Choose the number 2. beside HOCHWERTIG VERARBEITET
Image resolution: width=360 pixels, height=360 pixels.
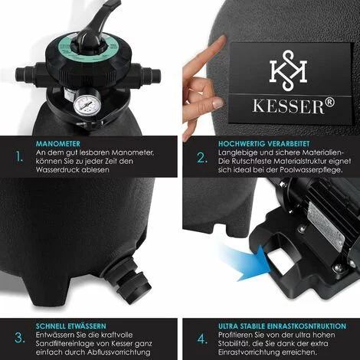click(201, 159)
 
